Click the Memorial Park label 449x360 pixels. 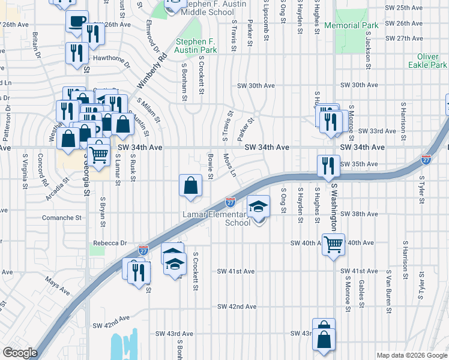[x=351, y=26]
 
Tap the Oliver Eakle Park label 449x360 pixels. [x=427, y=61]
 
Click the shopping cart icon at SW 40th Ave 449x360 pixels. [x=333, y=244]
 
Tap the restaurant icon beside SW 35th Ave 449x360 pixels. [x=328, y=165]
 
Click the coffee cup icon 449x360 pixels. [x=76, y=22]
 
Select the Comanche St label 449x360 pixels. [x=61, y=218]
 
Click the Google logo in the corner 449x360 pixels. [x=20, y=352]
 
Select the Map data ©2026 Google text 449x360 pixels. [x=412, y=355]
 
